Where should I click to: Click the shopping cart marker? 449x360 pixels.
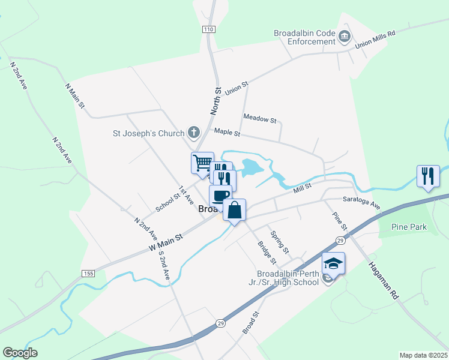click(x=202, y=162)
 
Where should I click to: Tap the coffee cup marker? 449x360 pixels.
click(x=220, y=196)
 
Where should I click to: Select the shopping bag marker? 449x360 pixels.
click(x=235, y=210)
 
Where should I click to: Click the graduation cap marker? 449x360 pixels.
click(x=334, y=263)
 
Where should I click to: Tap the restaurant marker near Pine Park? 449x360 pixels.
click(x=429, y=176)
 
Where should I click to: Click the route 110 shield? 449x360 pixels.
click(x=208, y=29)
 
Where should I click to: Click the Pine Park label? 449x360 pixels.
click(x=408, y=227)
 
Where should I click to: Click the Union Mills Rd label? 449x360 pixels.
click(x=376, y=40)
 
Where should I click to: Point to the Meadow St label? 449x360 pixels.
click(x=259, y=118)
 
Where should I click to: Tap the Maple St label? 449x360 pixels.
click(x=227, y=131)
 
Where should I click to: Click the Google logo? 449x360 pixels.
click(x=20, y=353)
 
